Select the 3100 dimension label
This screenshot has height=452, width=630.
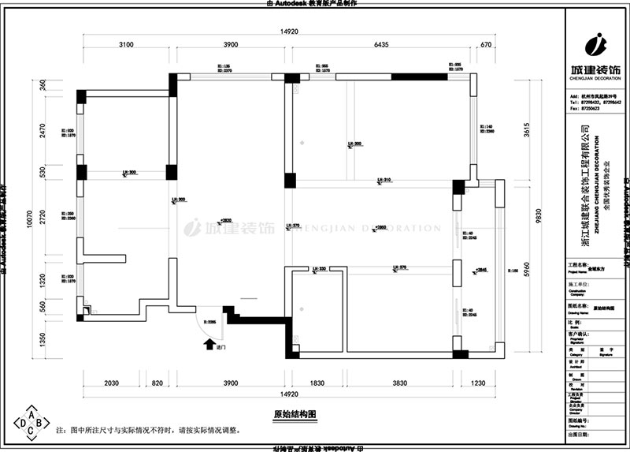[126, 45]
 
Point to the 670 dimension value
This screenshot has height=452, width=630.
[486, 45]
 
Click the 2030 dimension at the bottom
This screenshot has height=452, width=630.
[111, 383]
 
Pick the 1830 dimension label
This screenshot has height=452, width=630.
[317, 383]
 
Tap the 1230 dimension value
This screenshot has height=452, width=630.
[480, 383]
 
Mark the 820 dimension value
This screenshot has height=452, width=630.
[157, 383]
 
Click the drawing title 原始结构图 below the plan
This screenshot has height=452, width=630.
[294, 413]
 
